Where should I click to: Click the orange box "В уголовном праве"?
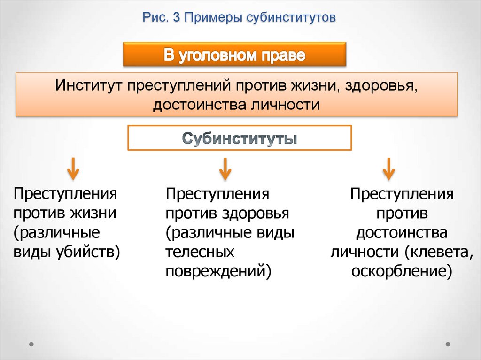pos(234,55)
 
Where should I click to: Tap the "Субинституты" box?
pos(240,138)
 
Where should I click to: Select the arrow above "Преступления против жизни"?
pos(73,169)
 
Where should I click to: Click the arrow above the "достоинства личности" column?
pos(388,169)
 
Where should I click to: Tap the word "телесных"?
pos(200,252)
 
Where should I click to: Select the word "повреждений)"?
pos(218,271)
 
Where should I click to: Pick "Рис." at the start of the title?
pos(155,18)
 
